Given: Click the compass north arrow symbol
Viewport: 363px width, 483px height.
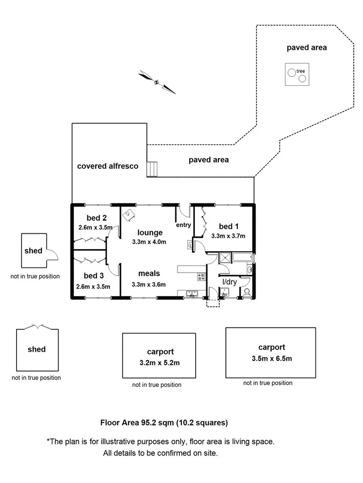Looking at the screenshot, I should pyautogui.click(x=156, y=82).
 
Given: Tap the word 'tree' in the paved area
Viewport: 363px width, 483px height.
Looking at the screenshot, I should pyautogui.click(x=301, y=71).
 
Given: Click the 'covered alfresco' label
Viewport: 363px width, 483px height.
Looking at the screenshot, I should pyautogui.click(x=108, y=166).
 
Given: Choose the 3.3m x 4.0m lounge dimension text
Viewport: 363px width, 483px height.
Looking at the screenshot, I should pyautogui.click(x=149, y=242).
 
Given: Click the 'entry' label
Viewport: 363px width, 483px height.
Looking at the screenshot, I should pyautogui.click(x=183, y=225).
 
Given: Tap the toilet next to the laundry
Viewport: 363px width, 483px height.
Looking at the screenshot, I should pyautogui.click(x=247, y=291).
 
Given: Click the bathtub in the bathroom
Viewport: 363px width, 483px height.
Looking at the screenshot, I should pyautogui.click(x=240, y=258).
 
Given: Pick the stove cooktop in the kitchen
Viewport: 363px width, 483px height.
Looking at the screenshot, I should pyautogui.click(x=201, y=277).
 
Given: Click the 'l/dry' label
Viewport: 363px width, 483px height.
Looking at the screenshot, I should pyautogui.click(x=230, y=281).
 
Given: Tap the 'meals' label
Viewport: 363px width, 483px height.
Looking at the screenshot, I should pyautogui.click(x=149, y=274).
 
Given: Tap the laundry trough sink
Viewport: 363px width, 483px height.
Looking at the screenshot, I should pyautogui.click(x=225, y=292).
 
